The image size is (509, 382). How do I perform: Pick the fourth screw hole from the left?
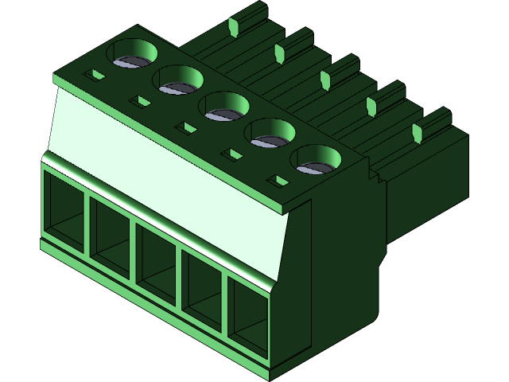coord(270,132)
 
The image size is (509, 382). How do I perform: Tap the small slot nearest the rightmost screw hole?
coord(279,181)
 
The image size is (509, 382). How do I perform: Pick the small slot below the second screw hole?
coord(141,101)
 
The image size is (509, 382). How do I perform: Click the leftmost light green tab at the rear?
coord(233,29)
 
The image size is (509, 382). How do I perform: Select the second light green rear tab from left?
coord(279,53)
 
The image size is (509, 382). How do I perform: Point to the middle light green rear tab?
coord(324,78)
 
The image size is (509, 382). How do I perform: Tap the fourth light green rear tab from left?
coord(371,105)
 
